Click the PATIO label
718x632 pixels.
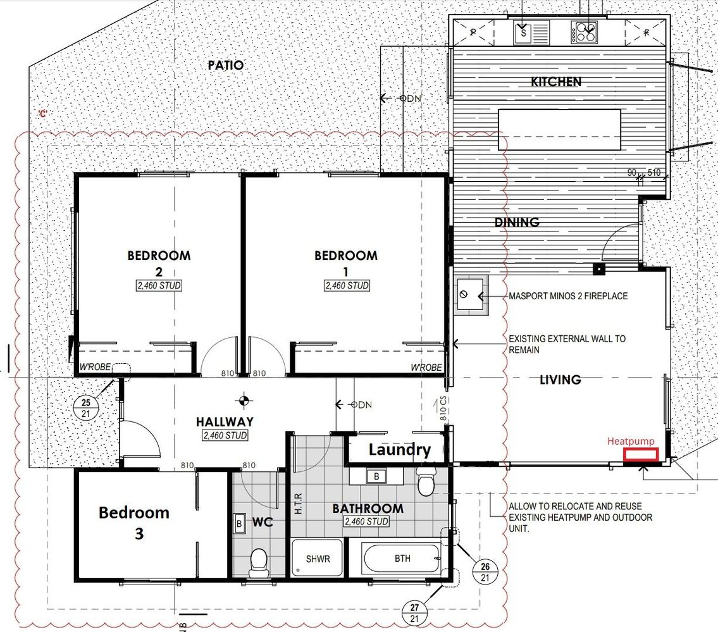click(x=226, y=65)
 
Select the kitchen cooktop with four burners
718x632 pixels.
click(x=584, y=33)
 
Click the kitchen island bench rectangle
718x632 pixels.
click(x=559, y=130)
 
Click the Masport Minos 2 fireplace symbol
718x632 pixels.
click(x=471, y=295)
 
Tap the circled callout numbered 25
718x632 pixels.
click(x=85, y=407)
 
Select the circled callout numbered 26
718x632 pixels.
click(x=485, y=571)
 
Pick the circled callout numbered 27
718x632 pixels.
click(x=414, y=613)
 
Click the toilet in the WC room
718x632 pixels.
click(x=259, y=563)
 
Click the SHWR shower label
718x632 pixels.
click(x=318, y=559)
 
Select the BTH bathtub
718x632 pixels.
click(x=402, y=558)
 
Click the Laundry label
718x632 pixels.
click(x=400, y=450)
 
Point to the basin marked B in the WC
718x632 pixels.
click(x=239, y=523)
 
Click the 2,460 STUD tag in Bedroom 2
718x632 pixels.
click(x=159, y=286)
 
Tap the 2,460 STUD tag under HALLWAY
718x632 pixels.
click(x=225, y=435)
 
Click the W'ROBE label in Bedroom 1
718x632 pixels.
click(x=426, y=368)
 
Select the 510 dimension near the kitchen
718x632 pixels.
click(x=654, y=172)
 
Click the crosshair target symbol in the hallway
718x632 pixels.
click(x=244, y=401)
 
